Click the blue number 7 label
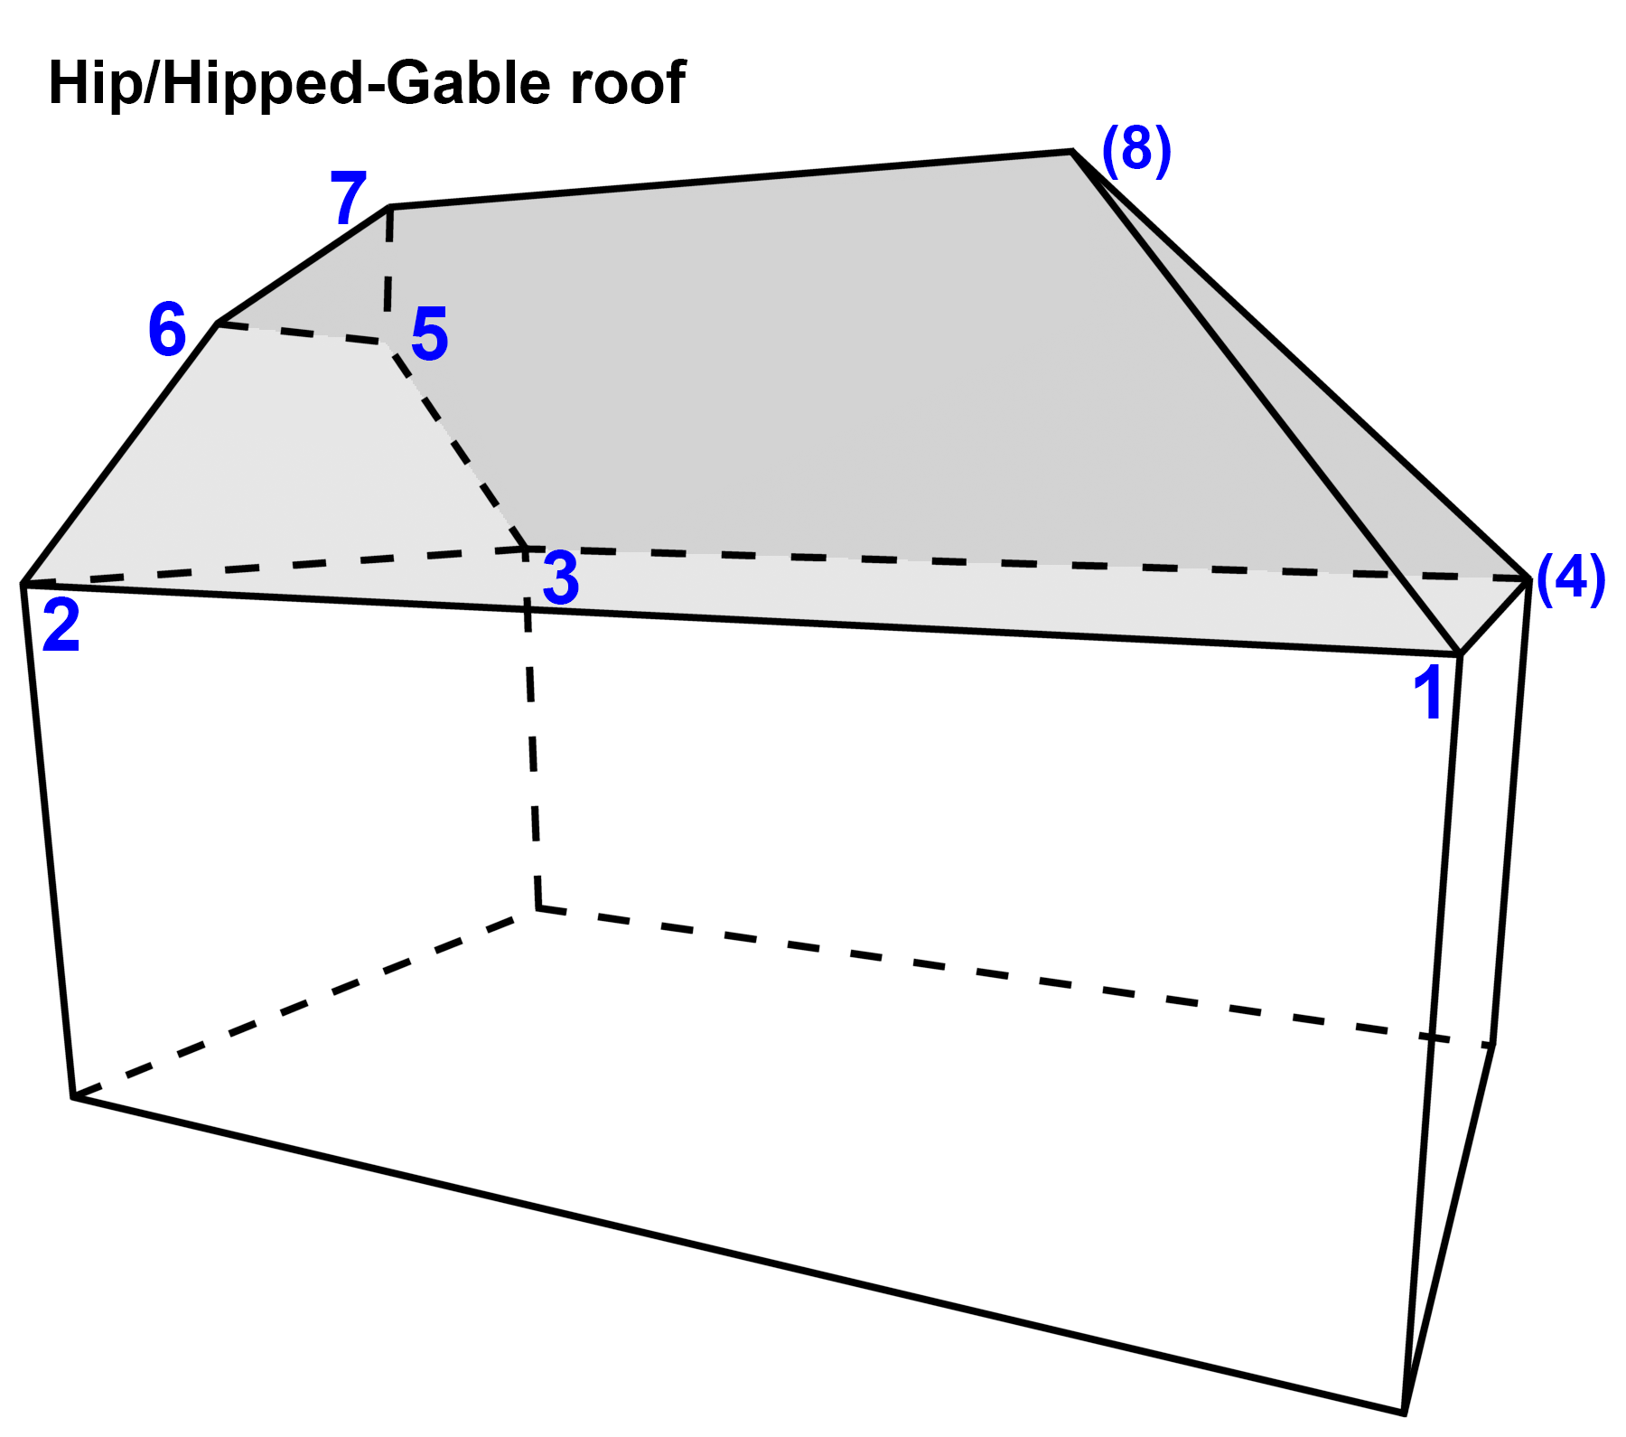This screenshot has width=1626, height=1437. (348, 199)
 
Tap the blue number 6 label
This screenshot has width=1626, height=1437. (167, 330)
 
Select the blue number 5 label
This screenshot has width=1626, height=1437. (429, 334)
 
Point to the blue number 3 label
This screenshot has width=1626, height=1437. (560, 579)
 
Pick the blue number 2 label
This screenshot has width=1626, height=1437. (61, 625)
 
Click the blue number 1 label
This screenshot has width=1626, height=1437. (1429, 693)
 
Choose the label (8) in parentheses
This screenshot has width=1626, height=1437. (1136, 150)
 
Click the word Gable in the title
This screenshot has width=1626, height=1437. (470, 83)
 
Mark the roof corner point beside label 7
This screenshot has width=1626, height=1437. (390, 207)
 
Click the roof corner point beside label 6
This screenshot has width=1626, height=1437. (218, 323)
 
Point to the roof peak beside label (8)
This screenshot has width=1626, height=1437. (1071, 152)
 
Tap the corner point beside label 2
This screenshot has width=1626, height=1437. (23, 584)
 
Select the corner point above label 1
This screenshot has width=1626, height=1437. (1460, 653)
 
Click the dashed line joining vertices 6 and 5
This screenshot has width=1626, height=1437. (303, 333)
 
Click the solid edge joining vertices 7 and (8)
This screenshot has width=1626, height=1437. (732, 179)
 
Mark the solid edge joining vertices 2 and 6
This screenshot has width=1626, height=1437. (120, 454)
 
